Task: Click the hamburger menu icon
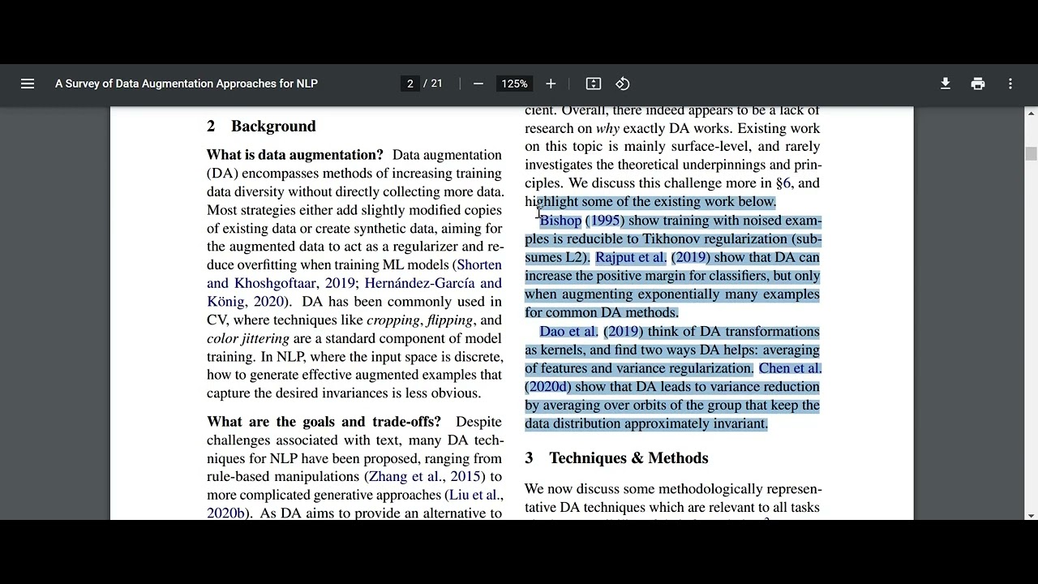(x=28, y=84)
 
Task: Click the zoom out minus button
(x=478, y=84)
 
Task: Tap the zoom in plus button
(x=551, y=84)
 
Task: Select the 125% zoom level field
(x=514, y=84)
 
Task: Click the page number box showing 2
(x=410, y=84)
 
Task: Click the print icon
(x=978, y=84)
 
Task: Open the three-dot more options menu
(x=1010, y=84)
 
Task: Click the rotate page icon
(x=623, y=84)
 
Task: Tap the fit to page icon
(x=594, y=84)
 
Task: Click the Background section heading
(x=272, y=127)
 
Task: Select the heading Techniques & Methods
(x=628, y=458)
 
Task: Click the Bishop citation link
(x=560, y=221)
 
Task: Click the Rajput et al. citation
(x=630, y=258)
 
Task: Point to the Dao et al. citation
(x=568, y=332)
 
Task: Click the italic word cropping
(x=393, y=320)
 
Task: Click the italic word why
(x=607, y=129)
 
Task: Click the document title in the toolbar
(x=187, y=84)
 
